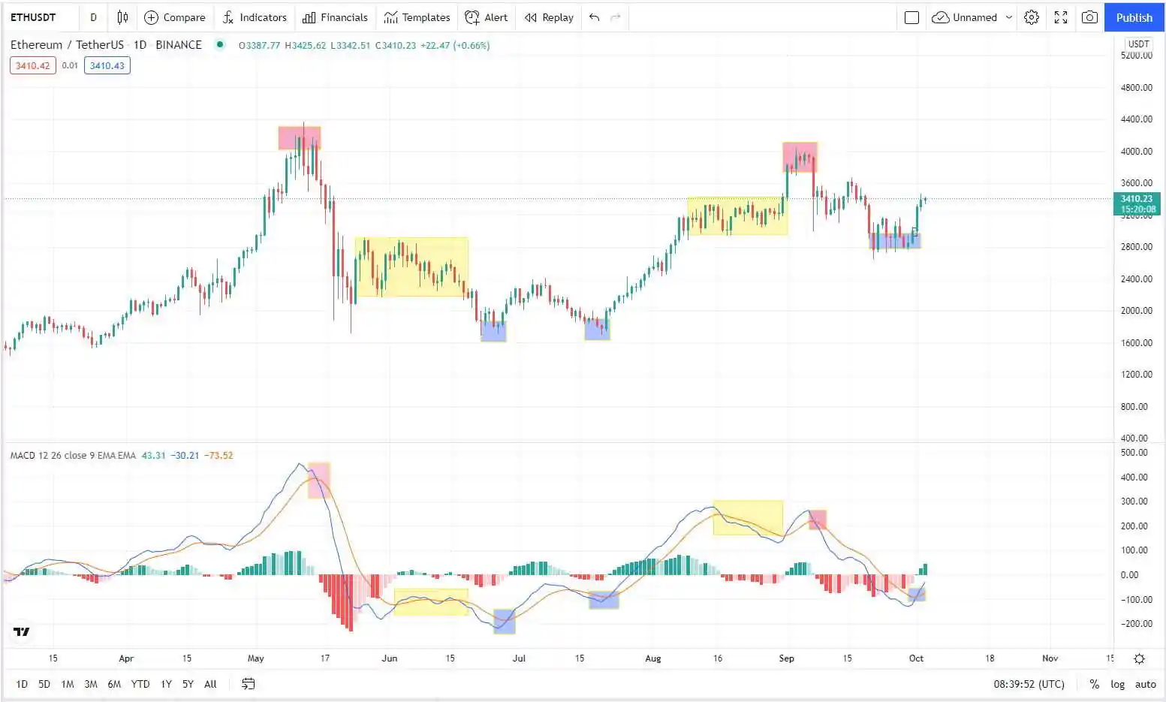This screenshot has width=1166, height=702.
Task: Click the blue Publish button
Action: (x=1134, y=17)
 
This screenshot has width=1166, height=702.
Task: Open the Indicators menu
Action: (x=255, y=17)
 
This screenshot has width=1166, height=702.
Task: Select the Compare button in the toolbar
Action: (x=174, y=17)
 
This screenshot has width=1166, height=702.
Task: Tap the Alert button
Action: (x=487, y=17)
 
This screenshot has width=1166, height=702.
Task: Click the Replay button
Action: (x=549, y=17)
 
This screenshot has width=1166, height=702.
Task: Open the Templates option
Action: (x=417, y=17)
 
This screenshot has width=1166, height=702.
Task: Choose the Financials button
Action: (x=335, y=17)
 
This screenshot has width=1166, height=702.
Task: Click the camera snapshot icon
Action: (x=1089, y=17)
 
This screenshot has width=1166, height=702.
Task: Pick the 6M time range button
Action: (x=114, y=684)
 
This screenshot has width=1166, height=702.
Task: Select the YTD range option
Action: (x=140, y=684)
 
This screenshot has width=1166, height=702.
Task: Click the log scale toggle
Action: (x=1118, y=684)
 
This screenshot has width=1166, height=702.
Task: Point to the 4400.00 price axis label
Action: (x=1136, y=119)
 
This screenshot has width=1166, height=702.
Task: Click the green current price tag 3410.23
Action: (x=1137, y=203)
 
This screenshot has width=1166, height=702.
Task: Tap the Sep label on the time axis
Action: (x=786, y=658)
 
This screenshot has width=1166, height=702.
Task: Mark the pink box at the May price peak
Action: (x=300, y=138)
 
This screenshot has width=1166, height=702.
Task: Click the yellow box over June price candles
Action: (x=411, y=267)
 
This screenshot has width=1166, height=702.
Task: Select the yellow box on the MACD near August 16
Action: (x=748, y=517)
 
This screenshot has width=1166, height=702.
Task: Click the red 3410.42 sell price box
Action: (x=33, y=65)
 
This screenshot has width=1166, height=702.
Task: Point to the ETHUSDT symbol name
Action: (x=33, y=17)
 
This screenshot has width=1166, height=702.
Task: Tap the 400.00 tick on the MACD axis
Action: (x=1134, y=477)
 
